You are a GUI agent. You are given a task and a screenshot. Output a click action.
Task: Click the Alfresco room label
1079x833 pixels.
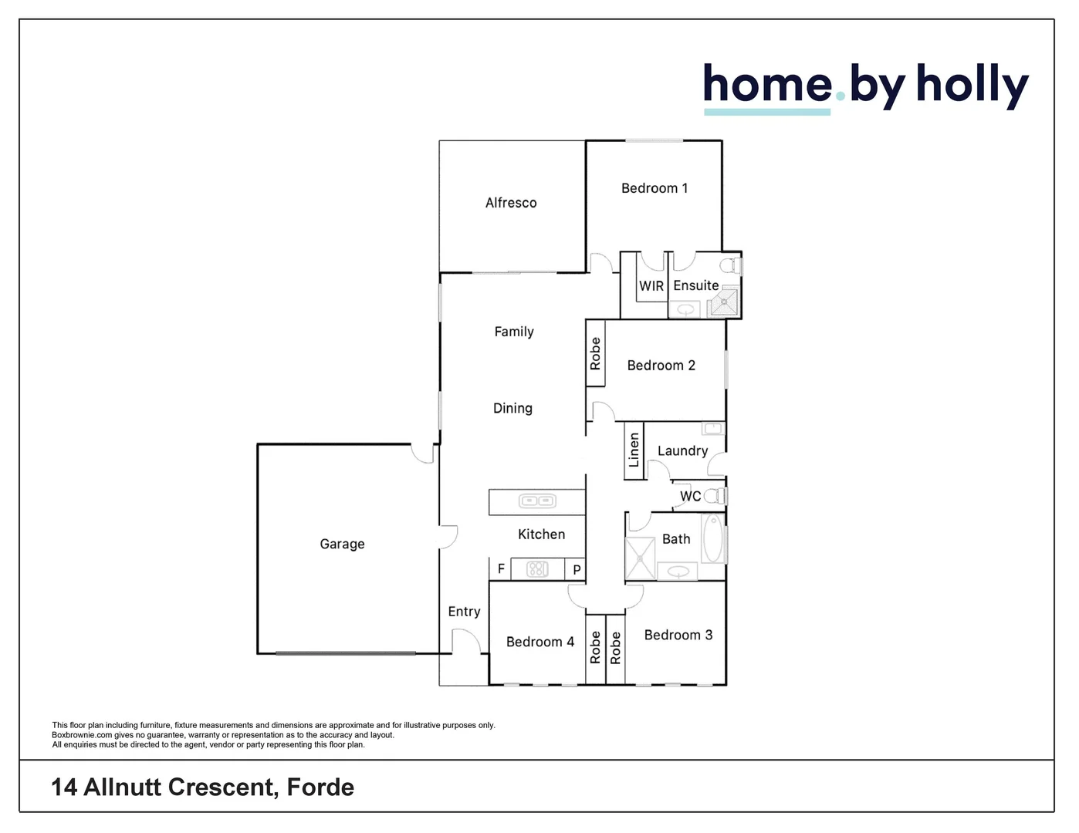coord(510,203)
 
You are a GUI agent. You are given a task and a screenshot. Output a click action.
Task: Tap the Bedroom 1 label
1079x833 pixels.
coord(654,188)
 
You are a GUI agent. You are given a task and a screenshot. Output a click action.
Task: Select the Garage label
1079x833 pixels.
coord(342,544)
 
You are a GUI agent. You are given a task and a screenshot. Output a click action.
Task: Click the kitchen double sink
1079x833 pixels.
coord(537,501)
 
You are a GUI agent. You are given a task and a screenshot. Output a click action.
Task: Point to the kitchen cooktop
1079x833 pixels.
coord(537,569)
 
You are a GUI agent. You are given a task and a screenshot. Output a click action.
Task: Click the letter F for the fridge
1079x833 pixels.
coord(501,569)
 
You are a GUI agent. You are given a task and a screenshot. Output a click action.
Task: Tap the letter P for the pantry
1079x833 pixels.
coord(577,570)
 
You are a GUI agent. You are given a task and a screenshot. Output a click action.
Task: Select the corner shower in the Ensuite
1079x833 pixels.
coord(724,303)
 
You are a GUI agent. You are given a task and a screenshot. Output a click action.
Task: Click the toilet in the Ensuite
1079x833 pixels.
coord(729,266)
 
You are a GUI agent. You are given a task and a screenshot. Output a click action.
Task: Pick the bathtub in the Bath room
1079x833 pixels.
coord(712,539)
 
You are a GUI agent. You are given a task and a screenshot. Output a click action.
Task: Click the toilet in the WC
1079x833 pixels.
coord(715,496)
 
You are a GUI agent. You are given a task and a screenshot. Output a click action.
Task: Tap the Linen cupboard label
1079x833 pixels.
coord(634,450)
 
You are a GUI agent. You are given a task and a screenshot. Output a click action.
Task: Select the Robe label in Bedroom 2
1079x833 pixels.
coord(595,353)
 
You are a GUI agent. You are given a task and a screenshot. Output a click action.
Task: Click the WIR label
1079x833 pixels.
coord(651,285)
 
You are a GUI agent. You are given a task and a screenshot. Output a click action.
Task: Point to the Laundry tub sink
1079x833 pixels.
coord(712,429)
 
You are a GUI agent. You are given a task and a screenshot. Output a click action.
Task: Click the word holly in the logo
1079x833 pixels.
coord(972,85)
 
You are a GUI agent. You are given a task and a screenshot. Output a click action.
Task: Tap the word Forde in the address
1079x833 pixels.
coord(320,787)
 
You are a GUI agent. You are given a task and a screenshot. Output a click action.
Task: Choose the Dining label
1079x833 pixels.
coord(512,408)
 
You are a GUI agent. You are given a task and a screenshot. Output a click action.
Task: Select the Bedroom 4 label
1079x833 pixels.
coord(539,642)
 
